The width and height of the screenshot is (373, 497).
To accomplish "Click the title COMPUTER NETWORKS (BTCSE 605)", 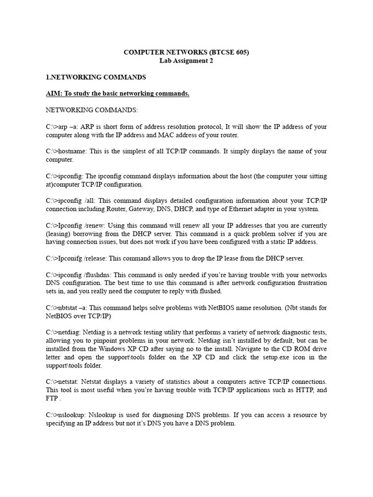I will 186,52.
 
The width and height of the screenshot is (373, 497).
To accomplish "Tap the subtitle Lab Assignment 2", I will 186,61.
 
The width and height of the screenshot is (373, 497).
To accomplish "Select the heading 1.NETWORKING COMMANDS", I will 96,77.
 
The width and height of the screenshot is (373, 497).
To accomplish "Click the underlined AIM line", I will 118,93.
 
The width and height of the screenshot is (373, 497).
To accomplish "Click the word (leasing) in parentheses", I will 58,234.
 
